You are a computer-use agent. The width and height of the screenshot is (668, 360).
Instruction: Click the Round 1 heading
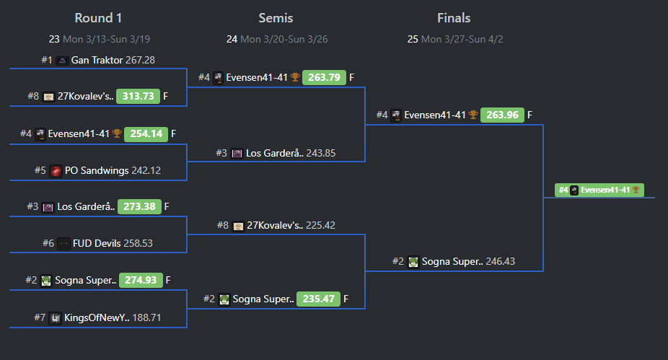pyautogui.click(x=97, y=18)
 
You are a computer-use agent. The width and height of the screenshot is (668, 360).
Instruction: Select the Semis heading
pyautogui.click(x=276, y=18)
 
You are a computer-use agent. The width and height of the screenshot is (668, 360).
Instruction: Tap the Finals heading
pyautogui.click(x=454, y=18)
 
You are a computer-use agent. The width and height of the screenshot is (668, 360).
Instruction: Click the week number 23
pyautogui.click(x=54, y=39)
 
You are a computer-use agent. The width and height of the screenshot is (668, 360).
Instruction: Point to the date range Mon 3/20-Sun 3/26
pyautogui.click(x=284, y=39)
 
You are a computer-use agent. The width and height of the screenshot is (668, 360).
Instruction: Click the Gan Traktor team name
pyautogui.click(x=97, y=60)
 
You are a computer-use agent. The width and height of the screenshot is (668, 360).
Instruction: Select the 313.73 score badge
pyautogui.click(x=139, y=97)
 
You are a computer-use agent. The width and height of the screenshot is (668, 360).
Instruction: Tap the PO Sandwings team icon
pyautogui.click(x=56, y=171)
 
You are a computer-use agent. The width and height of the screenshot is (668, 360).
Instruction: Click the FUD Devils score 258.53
pyautogui.click(x=138, y=244)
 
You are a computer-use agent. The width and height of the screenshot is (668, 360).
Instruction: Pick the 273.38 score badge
pyautogui.click(x=139, y=207)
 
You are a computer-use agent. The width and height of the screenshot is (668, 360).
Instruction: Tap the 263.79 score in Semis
pyautogui.click(x=324, y=78)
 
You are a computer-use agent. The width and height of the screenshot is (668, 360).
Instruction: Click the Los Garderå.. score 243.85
pyautogui.click(x=320, y=153)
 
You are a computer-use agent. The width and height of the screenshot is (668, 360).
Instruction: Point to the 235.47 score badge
pyautogui.click(x=317, y=299)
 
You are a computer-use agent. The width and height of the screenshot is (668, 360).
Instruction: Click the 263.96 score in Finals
pyautogui.click(x=501, y=115)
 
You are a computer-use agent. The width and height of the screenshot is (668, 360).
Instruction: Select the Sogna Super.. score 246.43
pyautogui.click(x=501, y=262)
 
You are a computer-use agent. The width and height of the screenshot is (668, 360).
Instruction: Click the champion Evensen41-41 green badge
pyautogui.click(x=599, y=190)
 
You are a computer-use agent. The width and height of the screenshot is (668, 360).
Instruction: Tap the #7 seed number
pyautogui.click(x=40, y=317)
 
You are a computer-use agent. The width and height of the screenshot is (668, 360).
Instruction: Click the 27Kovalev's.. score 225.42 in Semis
pyautogui.click(x=321, y=226)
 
